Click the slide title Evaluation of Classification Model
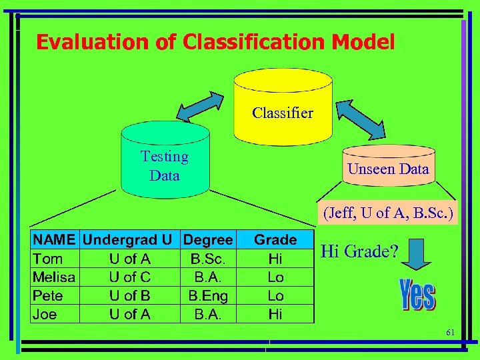[215, 42]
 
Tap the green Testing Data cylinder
[165, 163]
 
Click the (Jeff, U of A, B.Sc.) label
[388, 214]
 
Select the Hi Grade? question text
[359, 251]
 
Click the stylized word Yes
[417, 295]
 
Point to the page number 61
[450, 332]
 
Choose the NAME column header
[55, 239]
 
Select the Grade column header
[275, 239]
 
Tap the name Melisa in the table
[54, 277]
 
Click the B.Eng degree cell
[209, 295]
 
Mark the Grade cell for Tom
[275, 258]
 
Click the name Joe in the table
[45, 314]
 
